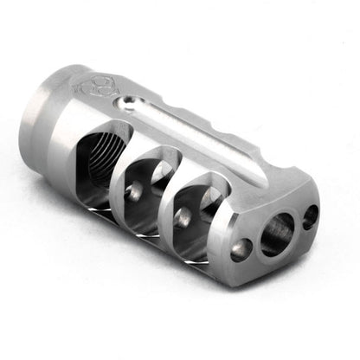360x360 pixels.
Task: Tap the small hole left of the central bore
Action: pyautogui.click(x=242, y=249)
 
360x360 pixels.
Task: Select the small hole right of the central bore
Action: pyautogui.click(x=310, y=216)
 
